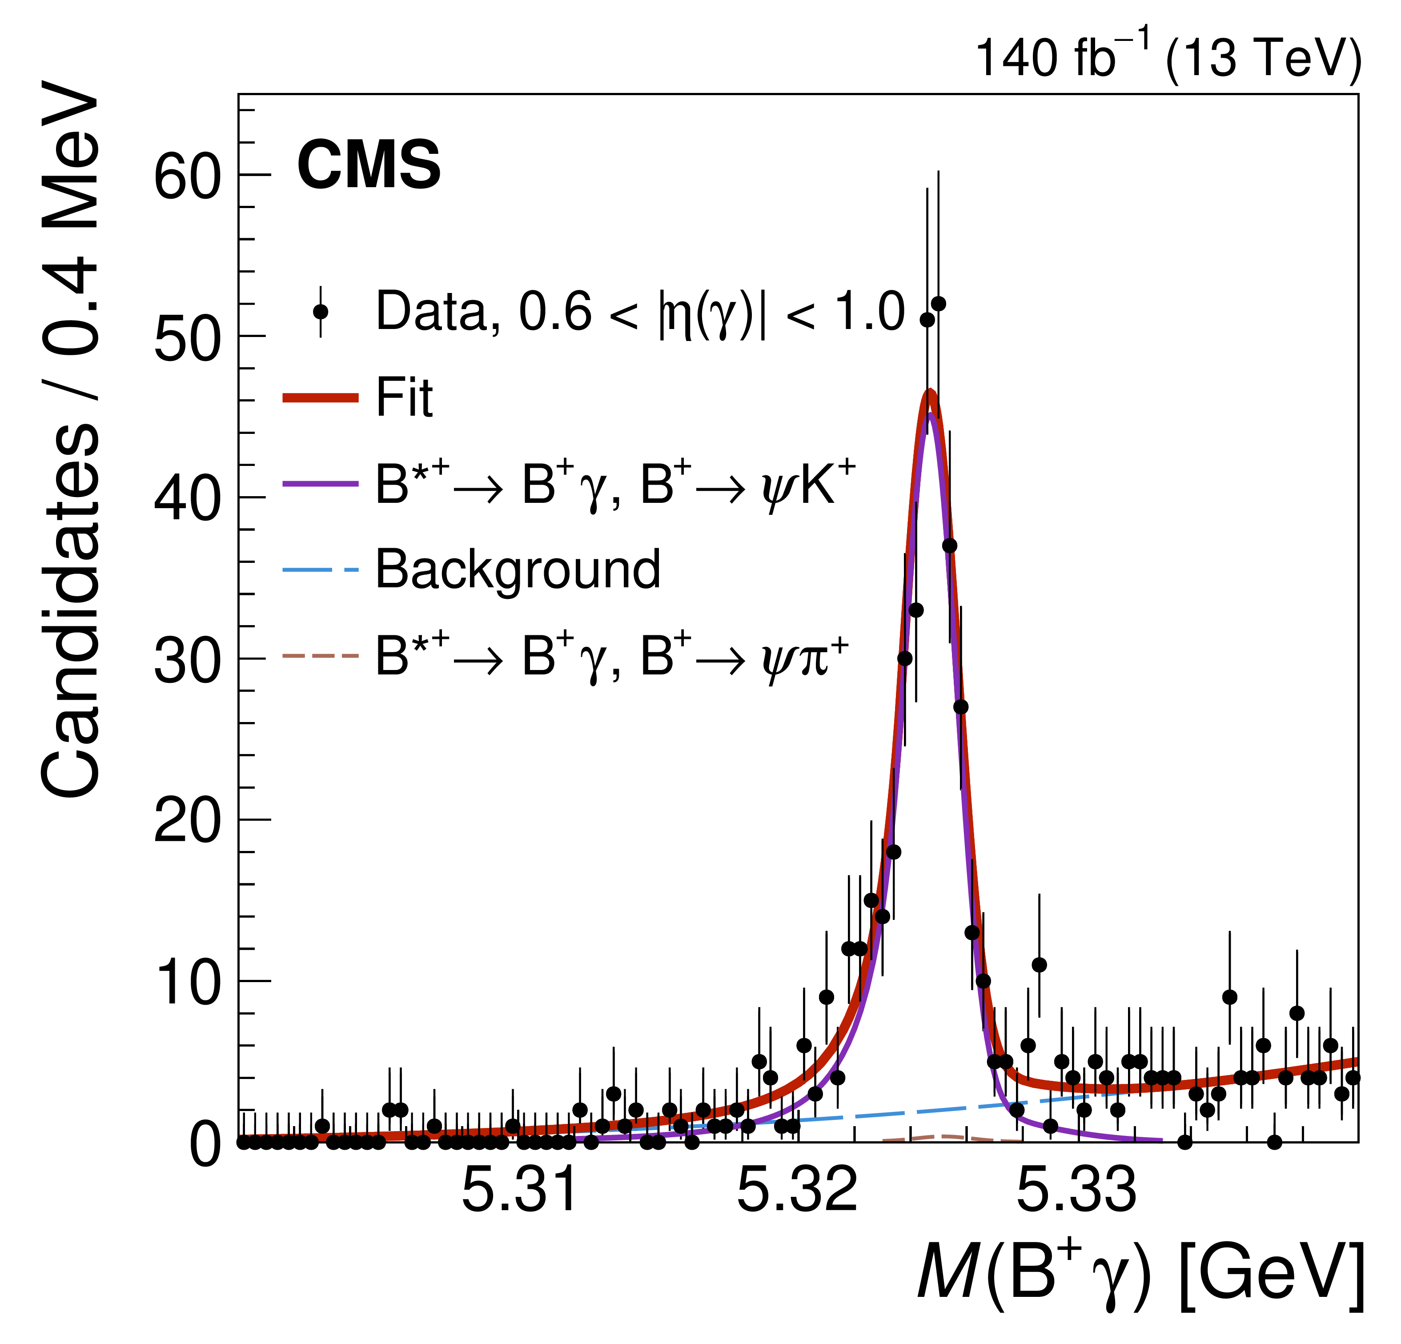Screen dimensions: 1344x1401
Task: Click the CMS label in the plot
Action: click(x=369, y=165)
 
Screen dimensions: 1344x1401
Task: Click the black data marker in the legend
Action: click(x=321, y=312)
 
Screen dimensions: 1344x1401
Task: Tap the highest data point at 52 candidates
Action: click(x=939, y=304)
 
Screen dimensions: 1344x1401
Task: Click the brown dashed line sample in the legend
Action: click(x=320, y=656)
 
